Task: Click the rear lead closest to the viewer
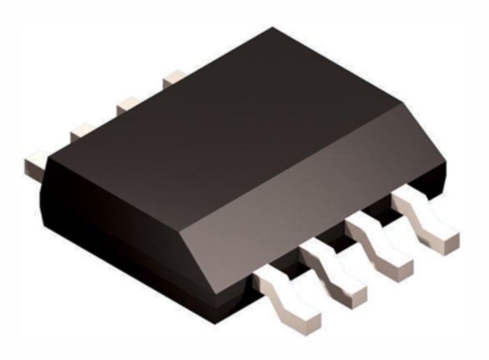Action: click(x=35, y=165)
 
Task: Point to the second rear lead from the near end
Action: click(x=82, y=131)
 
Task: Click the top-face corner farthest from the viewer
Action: click(x=273, y=29)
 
